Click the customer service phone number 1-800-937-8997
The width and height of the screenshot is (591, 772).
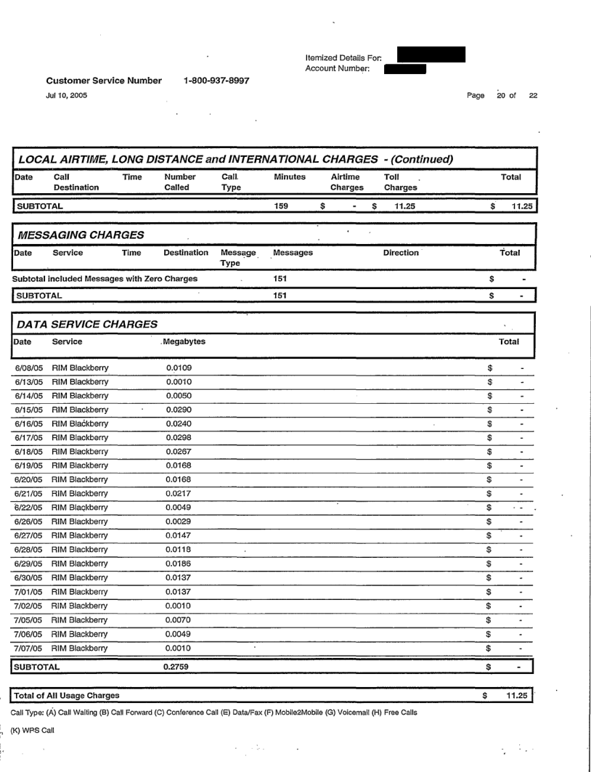click(213, 81)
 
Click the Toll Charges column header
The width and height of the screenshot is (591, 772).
click(396, 182)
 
